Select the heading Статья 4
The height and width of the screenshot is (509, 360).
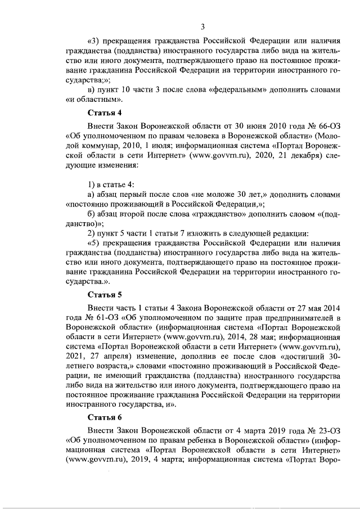point(105,112)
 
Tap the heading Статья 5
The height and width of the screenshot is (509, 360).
point(105,294)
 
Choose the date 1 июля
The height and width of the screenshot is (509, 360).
point(159,147)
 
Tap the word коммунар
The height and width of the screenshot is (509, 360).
point(106,147)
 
